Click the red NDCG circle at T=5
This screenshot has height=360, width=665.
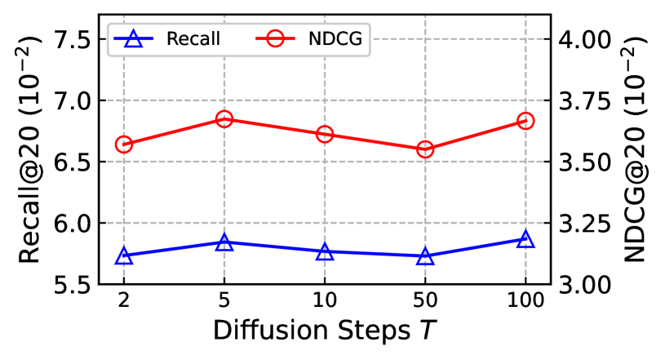224,119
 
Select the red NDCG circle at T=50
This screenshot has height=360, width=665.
425,149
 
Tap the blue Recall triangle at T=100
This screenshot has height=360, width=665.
525,239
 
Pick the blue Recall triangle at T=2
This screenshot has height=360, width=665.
124,256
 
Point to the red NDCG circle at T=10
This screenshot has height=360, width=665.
325,134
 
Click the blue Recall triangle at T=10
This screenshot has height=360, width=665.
325,252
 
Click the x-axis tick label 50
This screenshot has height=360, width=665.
425,301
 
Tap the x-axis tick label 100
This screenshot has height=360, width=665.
525,301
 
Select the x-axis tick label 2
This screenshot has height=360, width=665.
124,301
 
